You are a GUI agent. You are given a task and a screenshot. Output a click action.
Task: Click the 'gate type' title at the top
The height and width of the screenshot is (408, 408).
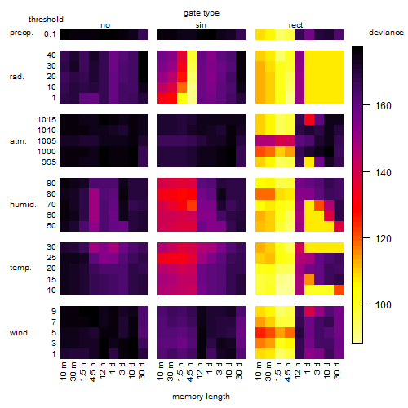(x=202, y=13)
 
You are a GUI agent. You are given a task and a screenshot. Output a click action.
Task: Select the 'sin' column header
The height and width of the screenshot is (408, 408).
(x=201, y=25)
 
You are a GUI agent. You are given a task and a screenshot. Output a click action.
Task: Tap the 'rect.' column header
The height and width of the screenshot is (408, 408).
(x=297, y=25)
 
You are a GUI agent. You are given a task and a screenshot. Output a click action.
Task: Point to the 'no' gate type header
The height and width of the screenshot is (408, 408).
(x=105, y=25)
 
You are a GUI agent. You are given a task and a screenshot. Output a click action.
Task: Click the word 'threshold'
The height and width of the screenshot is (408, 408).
(x=46, y=20)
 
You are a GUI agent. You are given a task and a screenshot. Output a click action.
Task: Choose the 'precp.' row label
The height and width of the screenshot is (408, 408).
(x=21, y=33)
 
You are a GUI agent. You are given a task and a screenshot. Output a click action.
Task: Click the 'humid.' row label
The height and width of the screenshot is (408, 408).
(x=23, y=204)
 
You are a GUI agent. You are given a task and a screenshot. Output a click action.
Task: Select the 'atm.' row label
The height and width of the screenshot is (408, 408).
(x=18, y=141)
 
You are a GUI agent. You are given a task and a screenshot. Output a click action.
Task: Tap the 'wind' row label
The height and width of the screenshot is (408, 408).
(x=19, y=333)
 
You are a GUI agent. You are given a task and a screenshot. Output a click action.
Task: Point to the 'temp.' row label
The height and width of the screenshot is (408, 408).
(x=20, y=268)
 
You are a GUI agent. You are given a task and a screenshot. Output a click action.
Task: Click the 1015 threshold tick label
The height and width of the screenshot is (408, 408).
(x=47, y=120)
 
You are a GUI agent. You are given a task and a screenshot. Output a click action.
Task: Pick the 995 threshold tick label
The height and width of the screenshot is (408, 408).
(x=49, y=162)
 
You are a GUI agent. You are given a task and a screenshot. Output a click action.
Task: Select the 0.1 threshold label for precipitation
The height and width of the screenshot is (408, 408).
(x=50, y=34)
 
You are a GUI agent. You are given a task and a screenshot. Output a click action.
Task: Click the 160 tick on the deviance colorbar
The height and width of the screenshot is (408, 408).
(x=383, y=106)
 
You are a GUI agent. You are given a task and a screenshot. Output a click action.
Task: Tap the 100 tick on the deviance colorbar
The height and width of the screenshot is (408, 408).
(x=383, y=305)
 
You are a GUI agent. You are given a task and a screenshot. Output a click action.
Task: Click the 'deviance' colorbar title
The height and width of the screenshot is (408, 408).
(x=386, y=33)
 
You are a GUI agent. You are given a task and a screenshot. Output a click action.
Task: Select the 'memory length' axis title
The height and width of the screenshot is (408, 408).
(x=201, y=397)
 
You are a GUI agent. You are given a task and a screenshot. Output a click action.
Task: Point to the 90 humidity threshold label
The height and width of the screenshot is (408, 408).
(x=51, y=184)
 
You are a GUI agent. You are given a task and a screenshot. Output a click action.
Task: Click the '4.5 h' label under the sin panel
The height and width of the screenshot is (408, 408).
(x=190, y=371)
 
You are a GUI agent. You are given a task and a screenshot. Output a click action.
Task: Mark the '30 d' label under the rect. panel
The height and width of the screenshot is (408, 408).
(x=337, y=370)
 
